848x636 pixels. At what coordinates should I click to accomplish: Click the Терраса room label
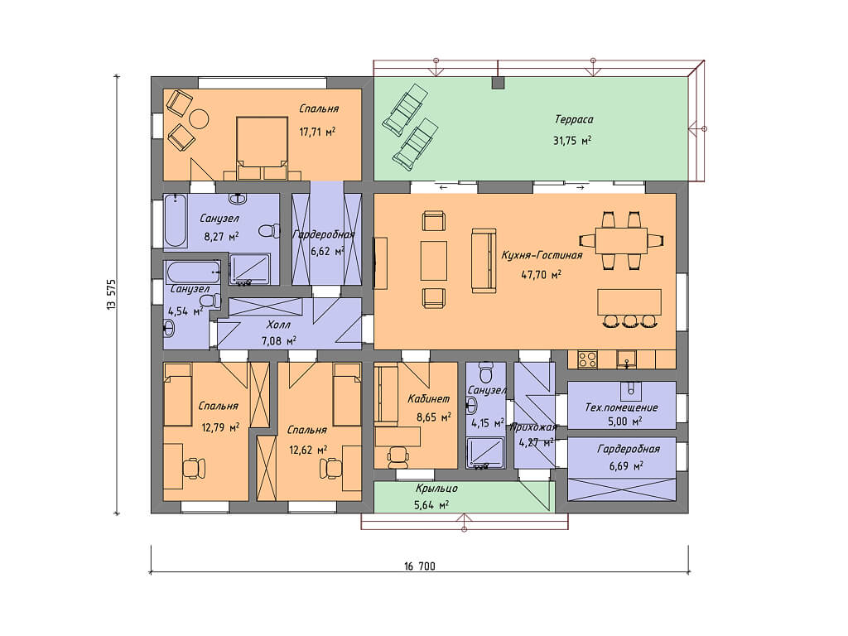(x=574, y=119)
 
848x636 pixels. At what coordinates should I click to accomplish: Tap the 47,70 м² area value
(x=542, y=274)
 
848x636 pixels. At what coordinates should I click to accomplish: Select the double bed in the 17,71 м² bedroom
(x=262, y=148)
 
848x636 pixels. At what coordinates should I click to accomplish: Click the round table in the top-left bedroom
(x=199, y=119)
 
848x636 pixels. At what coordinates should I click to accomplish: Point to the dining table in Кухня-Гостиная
(x=621, y=240)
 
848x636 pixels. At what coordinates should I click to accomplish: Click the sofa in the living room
(x=484, y=261)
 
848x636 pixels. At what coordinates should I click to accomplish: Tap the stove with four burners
(x=587, y=359)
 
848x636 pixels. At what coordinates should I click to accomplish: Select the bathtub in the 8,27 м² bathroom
(x=175, y=220)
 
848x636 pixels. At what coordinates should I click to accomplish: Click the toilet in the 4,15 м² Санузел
(x=486, y=371)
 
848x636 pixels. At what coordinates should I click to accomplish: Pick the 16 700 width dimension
(x=419, y=566)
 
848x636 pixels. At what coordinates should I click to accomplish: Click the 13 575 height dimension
(x=111, y=294)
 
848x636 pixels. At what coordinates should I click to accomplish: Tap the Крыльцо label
(x=436, y=489)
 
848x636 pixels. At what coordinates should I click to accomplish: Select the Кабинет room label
(x=428, y=399)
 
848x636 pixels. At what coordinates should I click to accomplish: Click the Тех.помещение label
(x=621, y=407)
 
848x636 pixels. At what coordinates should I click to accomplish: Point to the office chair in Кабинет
(x=399, y=457)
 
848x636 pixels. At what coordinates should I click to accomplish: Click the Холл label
(x=278, y=325)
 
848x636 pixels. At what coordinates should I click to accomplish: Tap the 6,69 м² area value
(x=626, y=465)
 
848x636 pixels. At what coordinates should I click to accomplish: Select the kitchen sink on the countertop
(x=627, y=359)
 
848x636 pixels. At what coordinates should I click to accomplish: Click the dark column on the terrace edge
(x=498, y=83)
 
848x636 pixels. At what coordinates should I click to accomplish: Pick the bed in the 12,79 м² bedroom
(x=177, y=394)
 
